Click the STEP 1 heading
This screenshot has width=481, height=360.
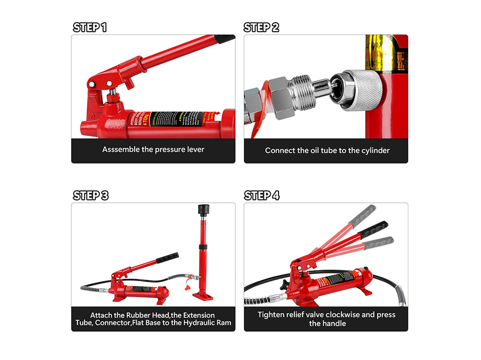[89, 27]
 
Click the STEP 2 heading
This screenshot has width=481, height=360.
[261, 27]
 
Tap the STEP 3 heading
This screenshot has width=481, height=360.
[90, 196]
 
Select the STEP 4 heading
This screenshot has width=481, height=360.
[262, 196]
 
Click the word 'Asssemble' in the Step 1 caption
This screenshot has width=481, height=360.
[121, 149]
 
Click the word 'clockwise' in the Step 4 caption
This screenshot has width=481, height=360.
[345, 315]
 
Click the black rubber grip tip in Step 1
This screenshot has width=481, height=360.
[225, 38]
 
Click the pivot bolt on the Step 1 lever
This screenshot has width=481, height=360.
[91, 85]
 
